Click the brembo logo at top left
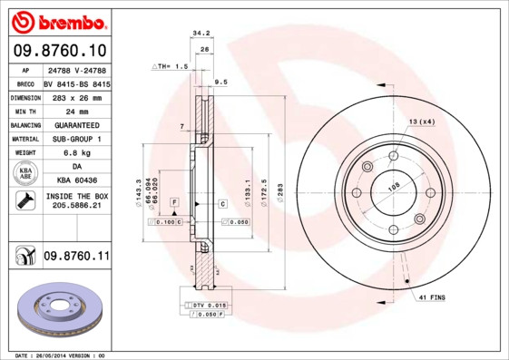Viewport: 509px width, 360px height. [x=59, y=20]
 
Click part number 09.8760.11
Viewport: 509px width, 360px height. [x=75, y=258]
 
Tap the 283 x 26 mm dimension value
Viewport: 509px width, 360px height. [x=75, y=97]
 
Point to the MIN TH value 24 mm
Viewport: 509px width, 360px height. [x=75, y=111]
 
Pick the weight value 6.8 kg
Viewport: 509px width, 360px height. [x=75, y=153]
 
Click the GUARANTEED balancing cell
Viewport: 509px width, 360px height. [x=75, y=125]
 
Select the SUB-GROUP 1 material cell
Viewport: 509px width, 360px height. [x=75, y=139]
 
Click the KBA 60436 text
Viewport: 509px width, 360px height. [x=75, y=181]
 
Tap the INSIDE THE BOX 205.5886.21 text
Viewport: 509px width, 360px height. [x=75, y=201]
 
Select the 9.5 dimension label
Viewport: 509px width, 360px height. [x=220, y=82]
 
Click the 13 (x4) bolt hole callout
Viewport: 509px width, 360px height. [x=421, y=122]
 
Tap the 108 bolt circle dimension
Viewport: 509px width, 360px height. [x=394, y=188]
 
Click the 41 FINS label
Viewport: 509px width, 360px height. [x=432, y=297]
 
